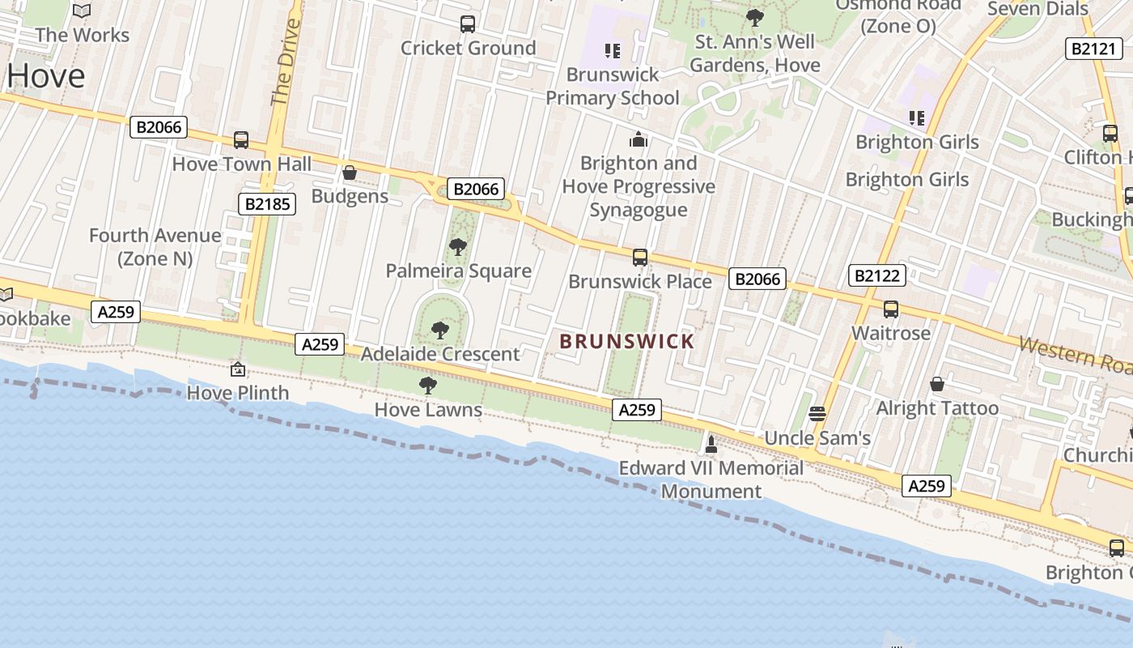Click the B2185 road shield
(267, 204)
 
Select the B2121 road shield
(1093, 49)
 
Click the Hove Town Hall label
(242, 164)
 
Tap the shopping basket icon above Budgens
(350, 173)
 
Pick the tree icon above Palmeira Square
(458, 247)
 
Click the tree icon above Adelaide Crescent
(440, 330)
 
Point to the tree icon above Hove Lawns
(428, 386)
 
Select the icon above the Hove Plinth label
(238, 369)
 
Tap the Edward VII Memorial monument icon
(711, 444)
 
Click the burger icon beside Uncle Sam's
(817, 414)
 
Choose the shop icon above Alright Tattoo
(937, 383)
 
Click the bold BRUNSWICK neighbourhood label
(626, 341)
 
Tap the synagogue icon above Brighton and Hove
(639, 139)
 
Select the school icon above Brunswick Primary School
(613, 51)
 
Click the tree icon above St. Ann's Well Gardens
(755, 17)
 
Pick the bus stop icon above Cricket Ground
(468, 24)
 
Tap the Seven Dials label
(1038, 9)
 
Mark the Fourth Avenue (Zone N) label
(155, 247)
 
